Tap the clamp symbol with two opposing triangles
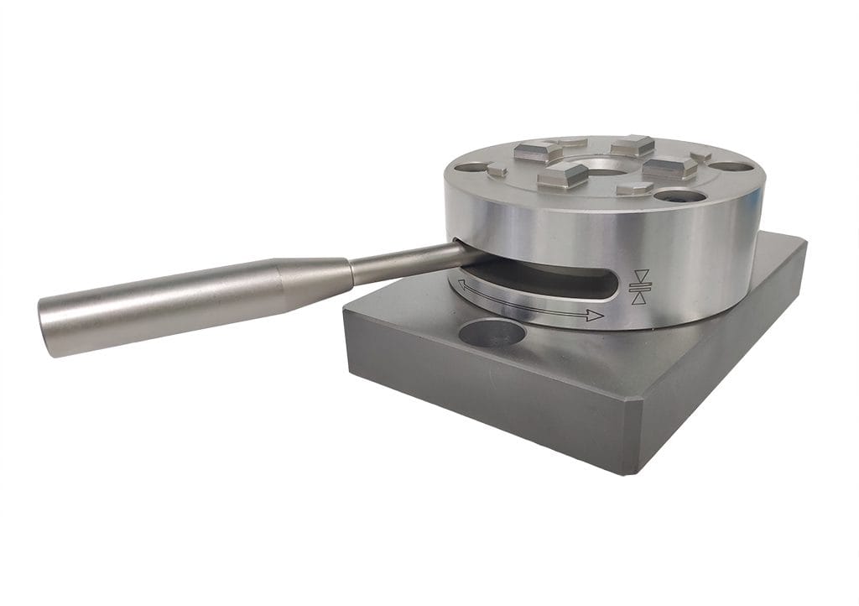pos(640,287)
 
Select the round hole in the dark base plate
pos(492,334)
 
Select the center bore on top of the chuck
pos(602,166)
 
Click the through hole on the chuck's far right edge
pos(731,166)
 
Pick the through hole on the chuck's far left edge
pos(471,167)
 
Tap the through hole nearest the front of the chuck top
pos(679,196)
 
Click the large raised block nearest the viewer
pos(562,175)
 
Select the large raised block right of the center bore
pos(669,166)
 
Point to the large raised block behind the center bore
pos(632,145)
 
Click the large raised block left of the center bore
pos(538,151)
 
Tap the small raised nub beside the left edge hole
pos(497,171)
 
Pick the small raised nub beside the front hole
pos(634,189)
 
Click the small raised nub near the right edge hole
pos(700,157)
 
